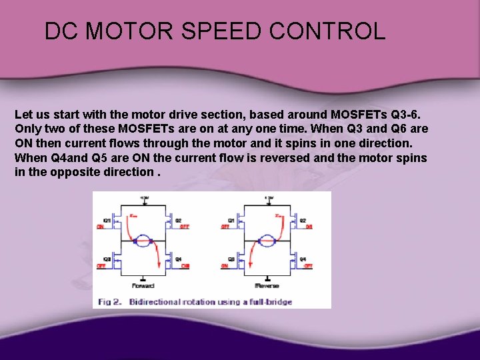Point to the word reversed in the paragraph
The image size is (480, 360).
[279, 157]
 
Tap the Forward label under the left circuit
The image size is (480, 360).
[143, 285]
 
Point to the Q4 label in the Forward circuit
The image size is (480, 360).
[179, 259]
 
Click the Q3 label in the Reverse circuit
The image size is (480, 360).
[231, 259]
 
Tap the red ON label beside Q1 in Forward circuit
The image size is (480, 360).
[101, 227]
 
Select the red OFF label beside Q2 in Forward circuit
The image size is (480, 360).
[185, 227]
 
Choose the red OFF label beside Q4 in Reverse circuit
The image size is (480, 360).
[308, 266]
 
